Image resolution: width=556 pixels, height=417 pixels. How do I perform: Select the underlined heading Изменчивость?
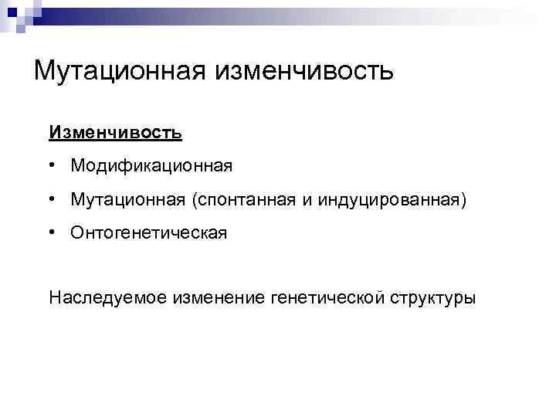(115, 132)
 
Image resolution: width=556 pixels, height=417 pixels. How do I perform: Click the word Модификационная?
(151, 166)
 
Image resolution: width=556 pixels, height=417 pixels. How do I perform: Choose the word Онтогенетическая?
(148, 232)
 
